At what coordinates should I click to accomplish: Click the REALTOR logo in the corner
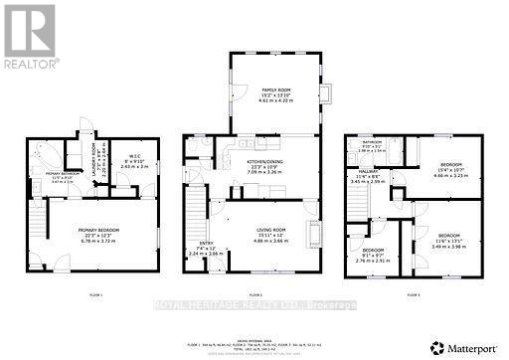click(x=29, y=35)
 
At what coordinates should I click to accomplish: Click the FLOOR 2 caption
click(x=254, y=295)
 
